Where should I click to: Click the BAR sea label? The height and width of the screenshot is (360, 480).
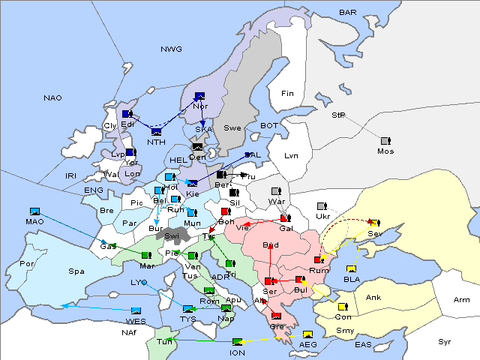(348, 13)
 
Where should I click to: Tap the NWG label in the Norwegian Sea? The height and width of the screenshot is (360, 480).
(171, 49)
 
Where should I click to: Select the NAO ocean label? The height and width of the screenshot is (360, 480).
(52, 98)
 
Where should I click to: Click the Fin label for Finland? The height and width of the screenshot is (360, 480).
(286, 94)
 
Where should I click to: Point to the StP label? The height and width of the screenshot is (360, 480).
(338, 115)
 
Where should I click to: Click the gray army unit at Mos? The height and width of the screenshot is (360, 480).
(385, 141)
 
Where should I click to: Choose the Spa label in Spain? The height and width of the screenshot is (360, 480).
(76, 271)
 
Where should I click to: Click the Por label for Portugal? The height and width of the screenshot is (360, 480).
(27, 264)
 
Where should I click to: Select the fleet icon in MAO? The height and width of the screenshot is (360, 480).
(34, 212)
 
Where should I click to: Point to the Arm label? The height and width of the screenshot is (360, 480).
(462, 300)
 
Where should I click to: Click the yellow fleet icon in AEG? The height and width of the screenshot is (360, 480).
(307, 334)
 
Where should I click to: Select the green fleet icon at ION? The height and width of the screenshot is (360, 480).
(238, 342)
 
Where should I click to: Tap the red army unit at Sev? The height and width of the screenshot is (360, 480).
(373, 223)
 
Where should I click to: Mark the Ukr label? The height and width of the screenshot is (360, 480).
(323, 217)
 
